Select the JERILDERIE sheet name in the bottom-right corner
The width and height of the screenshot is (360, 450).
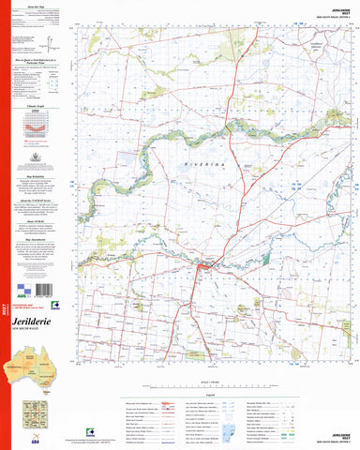pos(337,436)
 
